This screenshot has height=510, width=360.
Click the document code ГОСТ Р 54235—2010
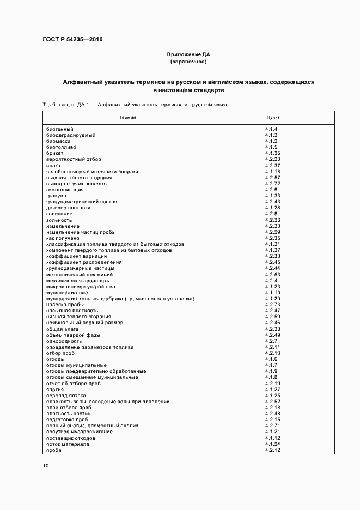point(72,39)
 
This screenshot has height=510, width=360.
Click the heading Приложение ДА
point(188,55)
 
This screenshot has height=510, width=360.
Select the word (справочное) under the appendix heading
point(188,62)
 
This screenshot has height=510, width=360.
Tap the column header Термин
point(129,117)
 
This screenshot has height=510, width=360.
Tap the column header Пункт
point(272,117)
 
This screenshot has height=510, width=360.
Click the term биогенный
point(60,129)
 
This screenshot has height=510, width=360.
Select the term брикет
point(55,153)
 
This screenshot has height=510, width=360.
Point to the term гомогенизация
point(65,190)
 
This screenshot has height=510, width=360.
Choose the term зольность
point(59,220)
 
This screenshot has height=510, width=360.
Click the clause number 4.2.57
point(272,178)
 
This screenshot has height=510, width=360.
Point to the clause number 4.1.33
point(272,196)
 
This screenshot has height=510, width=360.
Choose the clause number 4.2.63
point(272,275)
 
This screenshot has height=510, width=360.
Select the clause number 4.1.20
point(272,299)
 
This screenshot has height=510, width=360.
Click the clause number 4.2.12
point(272,450)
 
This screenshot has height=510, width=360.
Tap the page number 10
point(46,466)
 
